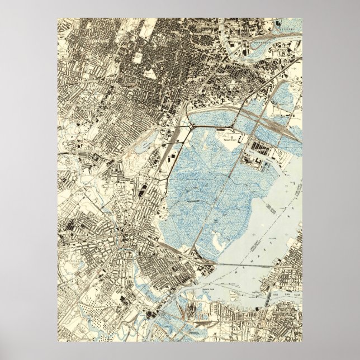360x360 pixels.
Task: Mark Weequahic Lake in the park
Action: point(143,147)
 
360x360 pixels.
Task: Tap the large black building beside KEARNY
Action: point(278,23)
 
